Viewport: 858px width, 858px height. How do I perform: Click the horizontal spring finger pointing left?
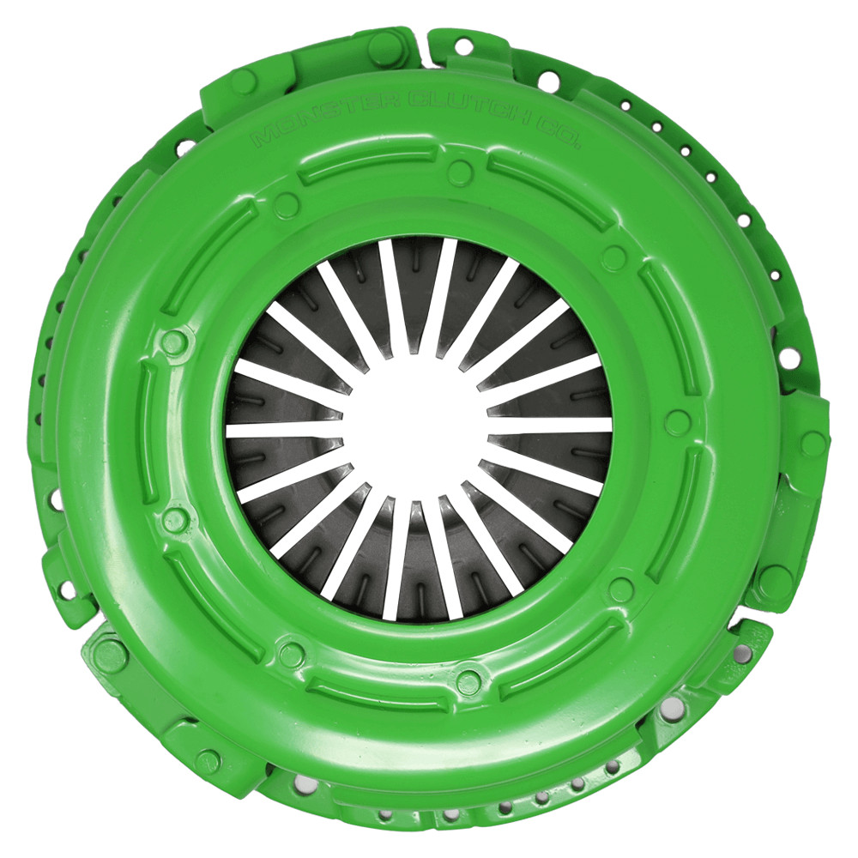(283, 429)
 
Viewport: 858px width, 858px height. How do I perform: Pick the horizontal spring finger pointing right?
(549, 425)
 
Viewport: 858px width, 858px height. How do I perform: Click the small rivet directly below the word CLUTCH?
(460, 172)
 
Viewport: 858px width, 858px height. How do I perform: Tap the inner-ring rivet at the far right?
(677, 422)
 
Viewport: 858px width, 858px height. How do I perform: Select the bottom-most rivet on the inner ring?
(468, 682)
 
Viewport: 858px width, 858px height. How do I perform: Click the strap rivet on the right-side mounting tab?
(812, 444)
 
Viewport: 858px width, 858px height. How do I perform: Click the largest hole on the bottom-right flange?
(672, 707)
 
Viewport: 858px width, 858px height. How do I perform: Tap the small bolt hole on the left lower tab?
(65, 589)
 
